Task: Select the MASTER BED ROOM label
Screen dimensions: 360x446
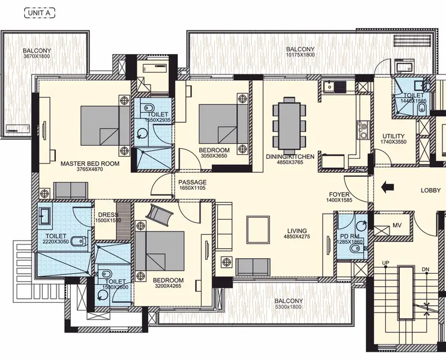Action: pos(90,163)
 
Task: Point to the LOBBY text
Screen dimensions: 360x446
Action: pos(431,190)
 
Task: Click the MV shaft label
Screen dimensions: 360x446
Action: pos(397,226)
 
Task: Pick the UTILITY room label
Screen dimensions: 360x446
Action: pos(393,136)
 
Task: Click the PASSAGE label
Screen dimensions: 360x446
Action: pos(193,182)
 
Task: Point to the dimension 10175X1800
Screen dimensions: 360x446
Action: pos(300,55)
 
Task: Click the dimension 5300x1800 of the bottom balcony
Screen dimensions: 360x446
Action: pos(288,308)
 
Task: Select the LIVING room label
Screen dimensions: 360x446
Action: pos(297,231)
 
